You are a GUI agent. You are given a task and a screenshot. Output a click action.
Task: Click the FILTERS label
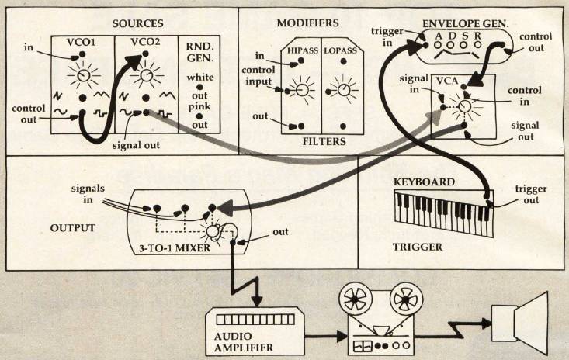pos(321,142)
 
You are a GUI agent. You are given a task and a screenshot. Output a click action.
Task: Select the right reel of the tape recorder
pos(405,298)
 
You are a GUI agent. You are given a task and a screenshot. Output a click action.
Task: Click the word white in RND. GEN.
pos(204,78)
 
